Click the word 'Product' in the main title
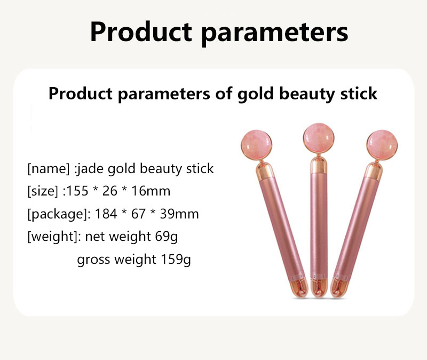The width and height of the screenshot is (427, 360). [x=138, y=32]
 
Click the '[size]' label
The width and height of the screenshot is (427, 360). [x=43, y=192]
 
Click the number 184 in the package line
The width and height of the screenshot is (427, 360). [x=107, y=215]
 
